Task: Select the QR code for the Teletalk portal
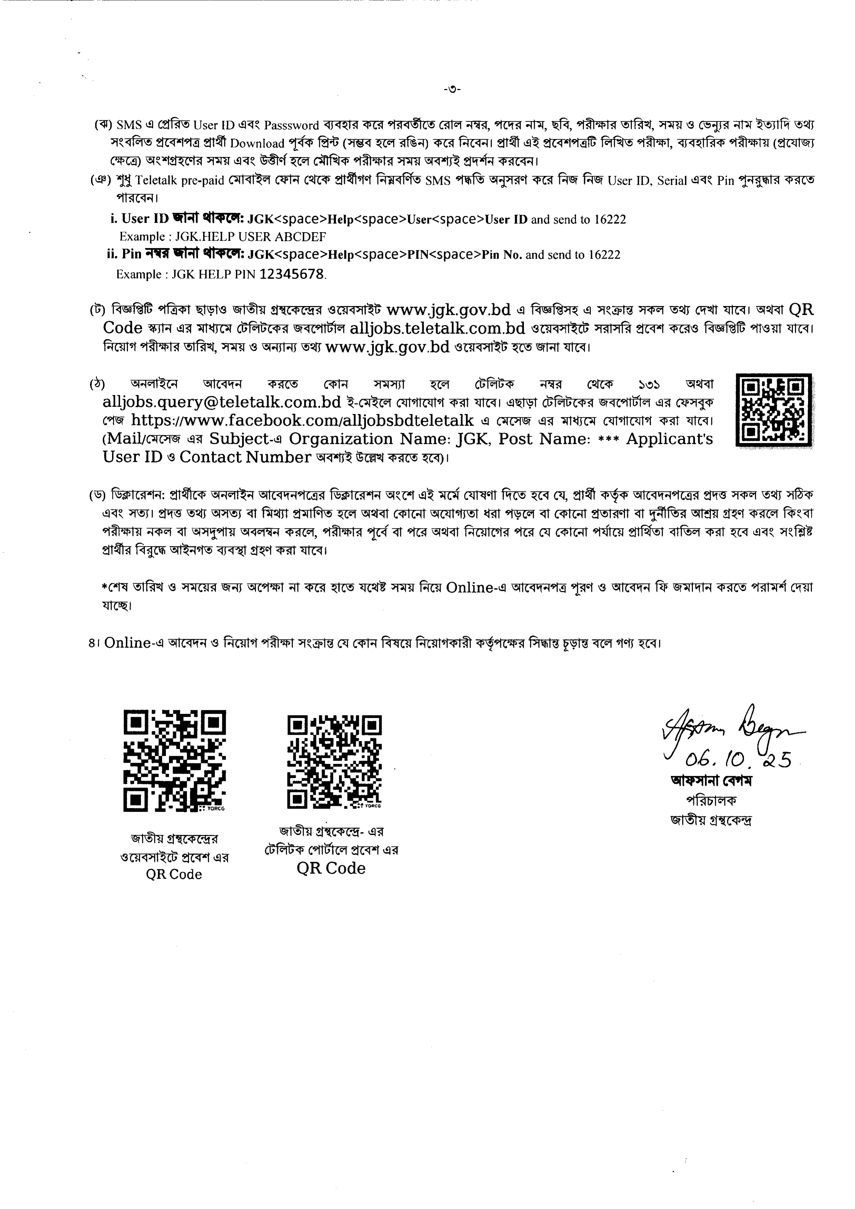(334, 761)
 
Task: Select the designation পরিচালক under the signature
(711, 800)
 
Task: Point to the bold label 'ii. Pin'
(124, 255)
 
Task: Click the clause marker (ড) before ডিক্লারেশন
(98, 495)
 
